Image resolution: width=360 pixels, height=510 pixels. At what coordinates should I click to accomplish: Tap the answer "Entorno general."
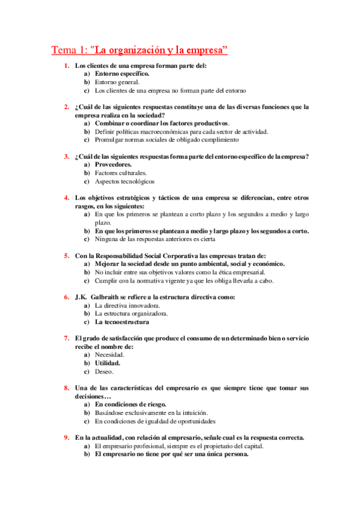coord(117,82)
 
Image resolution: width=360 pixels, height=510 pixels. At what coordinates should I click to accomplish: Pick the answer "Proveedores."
coord(113,164)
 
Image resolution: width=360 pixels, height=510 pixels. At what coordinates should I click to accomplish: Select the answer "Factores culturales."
coord(120,173)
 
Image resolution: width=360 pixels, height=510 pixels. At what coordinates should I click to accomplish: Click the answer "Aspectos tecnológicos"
coord(124,181)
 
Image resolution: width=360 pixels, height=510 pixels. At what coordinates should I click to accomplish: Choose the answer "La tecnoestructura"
coord(122,322)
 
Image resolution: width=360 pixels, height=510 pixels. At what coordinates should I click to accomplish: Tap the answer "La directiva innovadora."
coord(127,306)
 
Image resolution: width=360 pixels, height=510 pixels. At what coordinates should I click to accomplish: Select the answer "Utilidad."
coord(108,363)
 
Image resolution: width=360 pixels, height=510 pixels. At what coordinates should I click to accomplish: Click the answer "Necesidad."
coord(110,355)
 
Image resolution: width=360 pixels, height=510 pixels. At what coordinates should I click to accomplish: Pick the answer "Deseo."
coord(105,372)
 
